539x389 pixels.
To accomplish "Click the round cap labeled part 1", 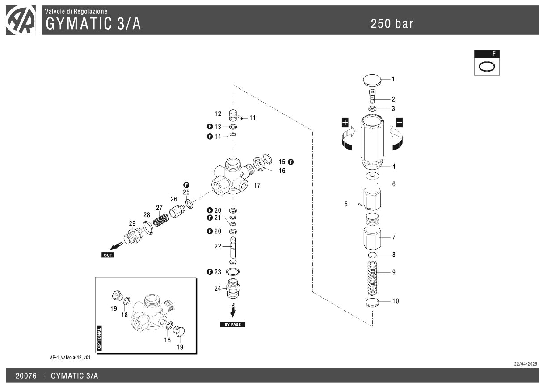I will click(x=371, y=81).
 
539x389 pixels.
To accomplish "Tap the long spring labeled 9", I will click(x=372, y=277).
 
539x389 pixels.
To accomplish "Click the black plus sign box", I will click(x=345, y=122).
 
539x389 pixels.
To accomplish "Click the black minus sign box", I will click(x=399, y=122).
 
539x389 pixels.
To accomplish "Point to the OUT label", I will click(x=108, y=255).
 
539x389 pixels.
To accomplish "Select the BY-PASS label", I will click(x=232, y=325).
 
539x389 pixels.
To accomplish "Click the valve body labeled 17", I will click(x=230, y=177).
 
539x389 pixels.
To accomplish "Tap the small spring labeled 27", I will click(x=161, y=220).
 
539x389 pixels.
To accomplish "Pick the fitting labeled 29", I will click(x=132, y=235).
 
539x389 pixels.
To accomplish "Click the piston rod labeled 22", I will click(x=233, y=251).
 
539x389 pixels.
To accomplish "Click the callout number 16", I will click(x=282, y=171).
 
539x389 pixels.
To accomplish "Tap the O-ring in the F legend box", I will click(x=487, y=66).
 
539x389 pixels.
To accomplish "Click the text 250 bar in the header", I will click(x=392, y=24).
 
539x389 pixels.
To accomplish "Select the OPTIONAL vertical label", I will click(x=99, y=338).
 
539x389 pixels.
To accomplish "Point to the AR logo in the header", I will click(x=21, y=21).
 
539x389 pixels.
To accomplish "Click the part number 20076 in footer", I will click(x=26, y=376).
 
